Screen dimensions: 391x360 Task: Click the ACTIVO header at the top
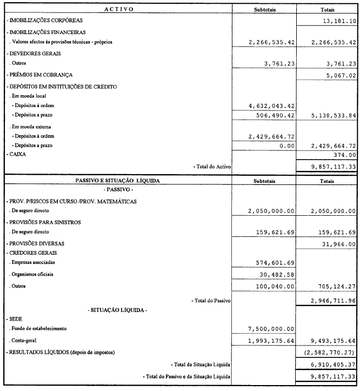118,10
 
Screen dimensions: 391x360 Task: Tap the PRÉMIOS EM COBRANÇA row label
40,75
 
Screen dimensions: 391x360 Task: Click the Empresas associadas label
33,262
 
